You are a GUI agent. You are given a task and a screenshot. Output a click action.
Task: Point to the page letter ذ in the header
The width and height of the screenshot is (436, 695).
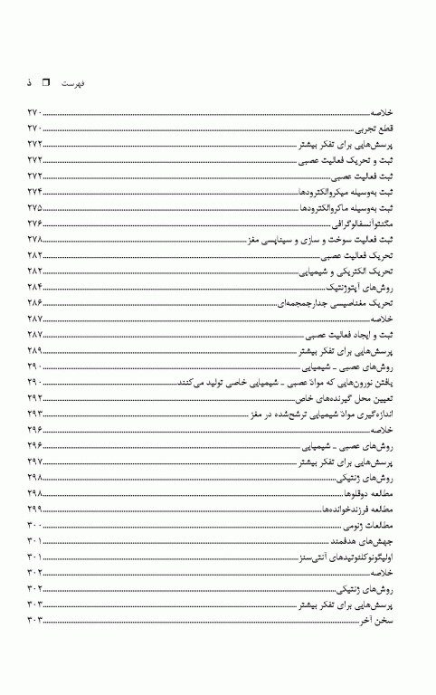point(30,82)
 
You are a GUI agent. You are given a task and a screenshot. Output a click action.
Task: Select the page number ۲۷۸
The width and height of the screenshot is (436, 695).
point(35,240)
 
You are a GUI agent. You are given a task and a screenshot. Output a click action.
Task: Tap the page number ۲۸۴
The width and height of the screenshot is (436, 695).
point(35,287)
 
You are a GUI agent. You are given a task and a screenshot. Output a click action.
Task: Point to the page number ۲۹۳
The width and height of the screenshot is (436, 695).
point(35,414)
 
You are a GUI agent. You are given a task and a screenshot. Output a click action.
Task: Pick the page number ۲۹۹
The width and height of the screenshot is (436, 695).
point(35,509)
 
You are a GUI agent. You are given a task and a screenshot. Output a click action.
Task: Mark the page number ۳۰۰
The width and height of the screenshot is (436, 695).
point(35,525)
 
